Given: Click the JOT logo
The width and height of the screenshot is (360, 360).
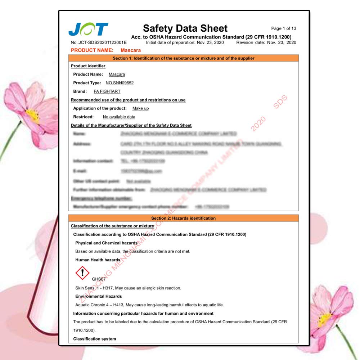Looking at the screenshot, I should [88, 29].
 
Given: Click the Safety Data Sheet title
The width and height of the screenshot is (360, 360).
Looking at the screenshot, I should [185, 28].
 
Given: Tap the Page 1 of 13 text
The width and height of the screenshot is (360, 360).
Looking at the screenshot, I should [284, 28].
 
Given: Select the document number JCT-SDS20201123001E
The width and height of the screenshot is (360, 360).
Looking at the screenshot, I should [99, 42].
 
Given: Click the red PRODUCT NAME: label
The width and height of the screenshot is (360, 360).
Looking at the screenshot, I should [92, 50].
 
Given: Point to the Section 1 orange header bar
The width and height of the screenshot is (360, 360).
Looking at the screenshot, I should [183, 58].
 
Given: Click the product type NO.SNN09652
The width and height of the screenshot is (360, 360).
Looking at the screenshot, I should [120, 83].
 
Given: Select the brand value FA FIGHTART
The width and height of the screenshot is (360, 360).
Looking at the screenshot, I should [107, 91].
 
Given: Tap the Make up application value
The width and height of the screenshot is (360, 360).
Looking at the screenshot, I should [140, 108].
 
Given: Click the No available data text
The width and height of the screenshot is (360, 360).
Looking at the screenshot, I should [119, 117].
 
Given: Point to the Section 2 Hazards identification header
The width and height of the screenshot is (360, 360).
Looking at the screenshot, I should [183, 218].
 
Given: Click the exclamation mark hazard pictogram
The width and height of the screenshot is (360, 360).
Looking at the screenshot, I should [82, 273].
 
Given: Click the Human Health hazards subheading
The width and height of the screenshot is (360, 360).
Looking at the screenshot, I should [98, 260].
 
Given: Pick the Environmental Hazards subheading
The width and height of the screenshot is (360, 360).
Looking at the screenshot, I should [98, 296].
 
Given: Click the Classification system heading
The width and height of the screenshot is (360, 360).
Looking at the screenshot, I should [94, 339].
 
